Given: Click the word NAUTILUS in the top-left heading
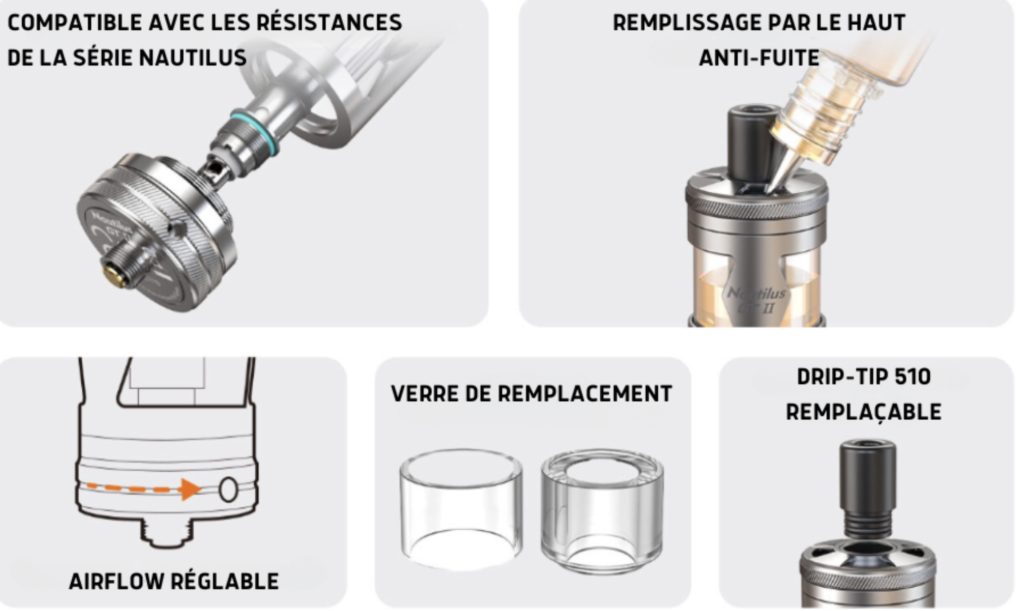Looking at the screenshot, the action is point(192,58).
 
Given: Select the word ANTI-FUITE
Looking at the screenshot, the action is point(759,58).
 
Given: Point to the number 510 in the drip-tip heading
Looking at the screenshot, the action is point(912,377).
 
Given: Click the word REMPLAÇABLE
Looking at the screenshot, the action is point(864,412).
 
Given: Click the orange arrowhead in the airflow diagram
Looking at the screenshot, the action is point(191,489).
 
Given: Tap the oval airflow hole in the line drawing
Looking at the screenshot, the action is point(228,489).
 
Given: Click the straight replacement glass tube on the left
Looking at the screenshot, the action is point(461,510).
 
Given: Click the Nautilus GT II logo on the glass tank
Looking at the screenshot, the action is point(756,299).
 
